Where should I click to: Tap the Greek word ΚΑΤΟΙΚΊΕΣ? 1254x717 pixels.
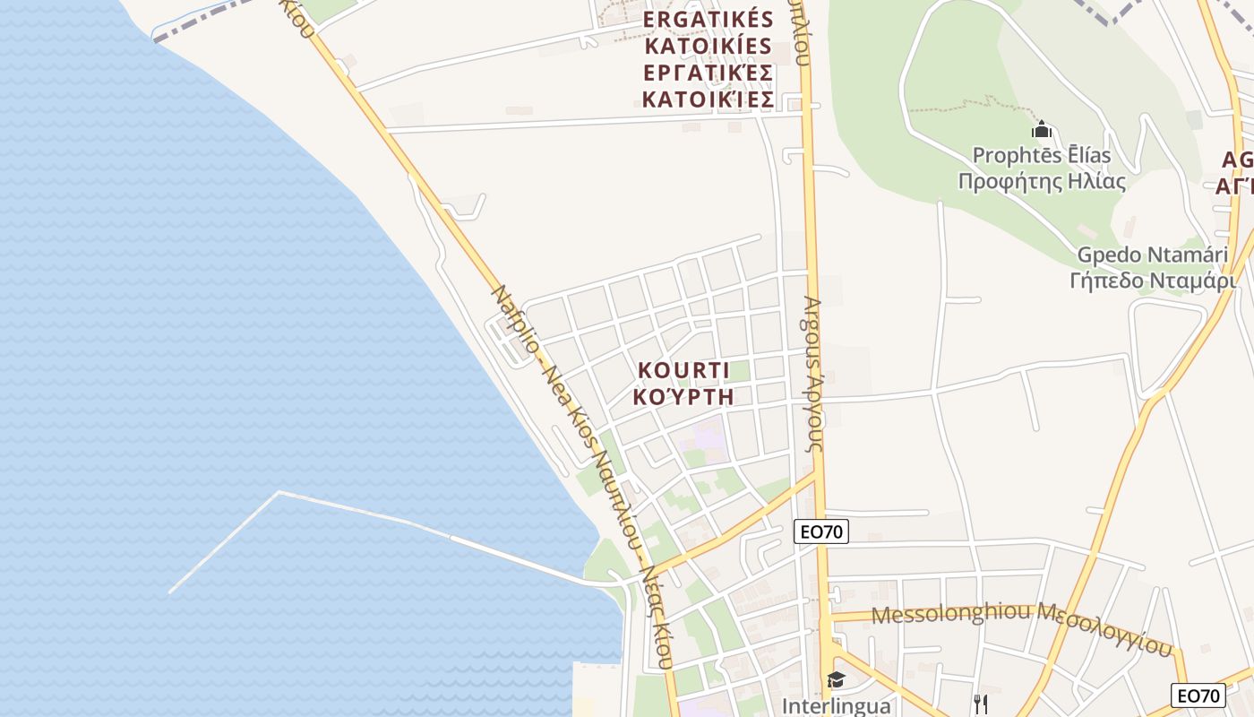pyautogui.click(x=709, y=99)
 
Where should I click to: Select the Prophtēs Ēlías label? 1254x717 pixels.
pyautogui.click(x=1042, y=155)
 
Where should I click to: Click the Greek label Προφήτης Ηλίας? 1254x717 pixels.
pyautogui.click(x=1042, y=181)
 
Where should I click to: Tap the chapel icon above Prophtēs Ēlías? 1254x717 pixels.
pyautogui.click(x=1042, y=130)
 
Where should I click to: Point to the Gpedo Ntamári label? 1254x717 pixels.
pyautogui.click(x=1152, y=255)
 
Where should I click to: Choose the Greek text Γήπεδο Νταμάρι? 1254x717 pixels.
pyautogui.click(x=1152, y=281)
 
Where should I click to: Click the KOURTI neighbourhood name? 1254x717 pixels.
pyautogui.click(x=683, y=370)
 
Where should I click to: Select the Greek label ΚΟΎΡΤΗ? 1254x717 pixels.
pyautogui.click(x=683, y=396)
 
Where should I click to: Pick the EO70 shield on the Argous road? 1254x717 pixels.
pyautogui.click(x=821, y=531)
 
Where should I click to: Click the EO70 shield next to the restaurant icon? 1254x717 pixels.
pyautogui.click(x=1198, y=695)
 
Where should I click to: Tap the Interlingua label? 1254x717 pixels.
pyautogui.click(x=836, y=705)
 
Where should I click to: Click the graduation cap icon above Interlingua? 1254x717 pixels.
pyautogui.click(x=836, y=680)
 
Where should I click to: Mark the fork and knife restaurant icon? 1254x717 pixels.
pyautogui.click(x=981, y=704)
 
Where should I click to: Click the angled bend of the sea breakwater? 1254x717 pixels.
pyautogui.click(x=279, y=492)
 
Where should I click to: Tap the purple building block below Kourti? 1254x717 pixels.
pyautogui.click(x=708, y=439)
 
